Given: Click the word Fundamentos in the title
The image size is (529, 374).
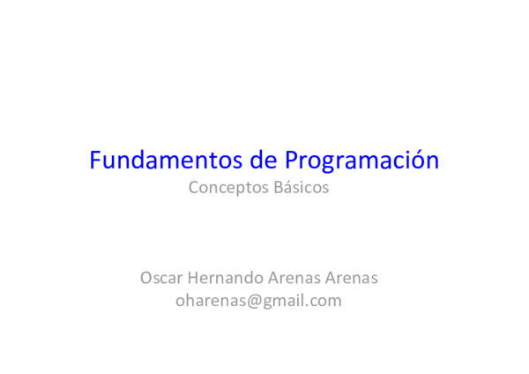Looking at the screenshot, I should (x=153, y=161).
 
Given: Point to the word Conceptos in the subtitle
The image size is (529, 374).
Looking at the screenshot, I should (x=224, y=189).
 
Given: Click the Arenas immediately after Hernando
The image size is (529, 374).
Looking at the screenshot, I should (x=287, y=278).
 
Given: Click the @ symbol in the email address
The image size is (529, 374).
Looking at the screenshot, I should (x=244, y=301).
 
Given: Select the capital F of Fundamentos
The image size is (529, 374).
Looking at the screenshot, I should (x=95, y=161).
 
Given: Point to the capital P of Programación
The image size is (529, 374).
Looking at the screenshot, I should (x=292, y=161).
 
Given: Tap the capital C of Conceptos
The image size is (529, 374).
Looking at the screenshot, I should (x=194, y=188).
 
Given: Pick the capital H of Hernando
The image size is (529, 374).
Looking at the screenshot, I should (x=190, y=278).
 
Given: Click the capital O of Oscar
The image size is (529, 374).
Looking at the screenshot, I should (x=145, y=278).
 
